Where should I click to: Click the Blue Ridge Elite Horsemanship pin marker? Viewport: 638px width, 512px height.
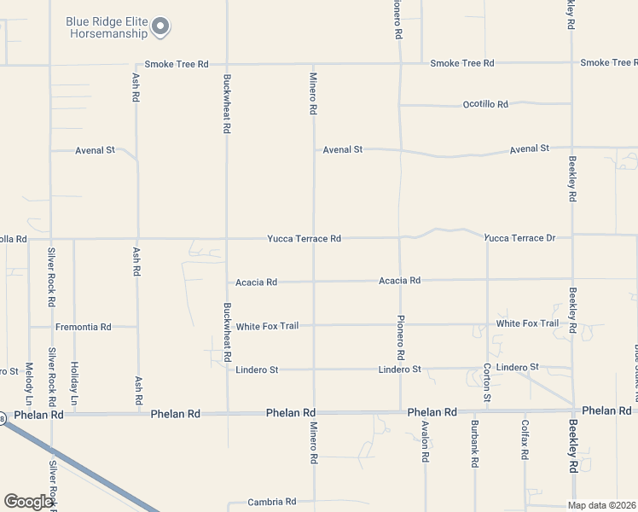(x=160, y=27)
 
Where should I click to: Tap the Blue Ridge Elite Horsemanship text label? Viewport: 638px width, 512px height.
(x=107, y=27)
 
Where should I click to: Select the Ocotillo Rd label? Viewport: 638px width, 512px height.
(x=485, y=104)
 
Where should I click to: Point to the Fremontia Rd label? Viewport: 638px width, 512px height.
(x=84, y=327)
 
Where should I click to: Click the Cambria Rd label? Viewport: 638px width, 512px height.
(x=272, y=502)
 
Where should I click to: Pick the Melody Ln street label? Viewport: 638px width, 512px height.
(x=29, y=384)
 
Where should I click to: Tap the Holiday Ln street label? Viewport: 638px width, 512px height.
(x=74, y=384)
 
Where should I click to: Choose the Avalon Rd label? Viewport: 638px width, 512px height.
(x=424, y=441)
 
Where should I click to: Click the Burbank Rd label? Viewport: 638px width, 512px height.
(x=474, y=444)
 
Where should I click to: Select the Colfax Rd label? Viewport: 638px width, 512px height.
(x=525, y=441)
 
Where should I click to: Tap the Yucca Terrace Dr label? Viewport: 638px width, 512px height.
(x=520, y=238)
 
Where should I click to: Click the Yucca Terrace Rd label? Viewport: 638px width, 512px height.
(x=304, y=239)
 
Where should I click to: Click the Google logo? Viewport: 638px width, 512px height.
(x=28, y=502)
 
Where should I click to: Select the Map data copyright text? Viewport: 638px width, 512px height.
(x=602, y=505)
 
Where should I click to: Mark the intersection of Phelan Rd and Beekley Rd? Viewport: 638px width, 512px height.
(x=573, y=411)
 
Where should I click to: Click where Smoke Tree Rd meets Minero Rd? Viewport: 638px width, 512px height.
(x=313, y=64)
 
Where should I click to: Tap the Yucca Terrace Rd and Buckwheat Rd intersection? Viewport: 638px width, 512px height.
(x=227, y=239)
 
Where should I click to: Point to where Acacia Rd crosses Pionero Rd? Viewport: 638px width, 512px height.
(x=400, y=280)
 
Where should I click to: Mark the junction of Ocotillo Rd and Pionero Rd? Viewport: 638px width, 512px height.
(x=400, y=105)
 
